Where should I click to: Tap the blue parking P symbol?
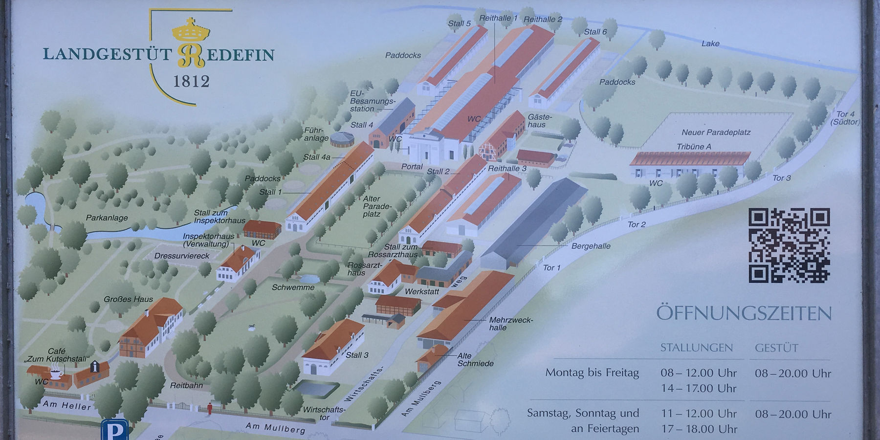coord(115,430)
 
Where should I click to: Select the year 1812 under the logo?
coord(191,81)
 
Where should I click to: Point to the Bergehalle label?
coord(591,246)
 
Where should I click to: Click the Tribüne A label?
coord(694,147)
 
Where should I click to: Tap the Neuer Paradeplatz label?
coord(716,132)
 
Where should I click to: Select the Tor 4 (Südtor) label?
coord(845,118)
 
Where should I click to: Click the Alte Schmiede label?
coord(475,359)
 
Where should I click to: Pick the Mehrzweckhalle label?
coord(510,324)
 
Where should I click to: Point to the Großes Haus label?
coord(128,299)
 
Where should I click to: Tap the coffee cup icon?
coord(56,373)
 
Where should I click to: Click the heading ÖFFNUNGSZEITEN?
coord(743,313)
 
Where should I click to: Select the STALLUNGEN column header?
coord(696,348)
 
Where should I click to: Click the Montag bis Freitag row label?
coord(592,373)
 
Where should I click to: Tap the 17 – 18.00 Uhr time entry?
coord(699,429)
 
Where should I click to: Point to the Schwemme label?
coord(293,287)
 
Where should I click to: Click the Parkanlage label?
coord(107,218)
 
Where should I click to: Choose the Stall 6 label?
coord(595,32)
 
